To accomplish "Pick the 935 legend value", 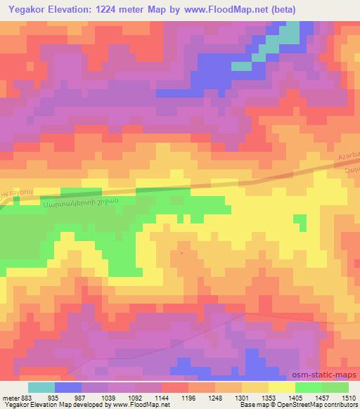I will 53,398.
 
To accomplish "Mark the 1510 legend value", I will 349,398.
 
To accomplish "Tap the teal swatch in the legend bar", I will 41,387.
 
